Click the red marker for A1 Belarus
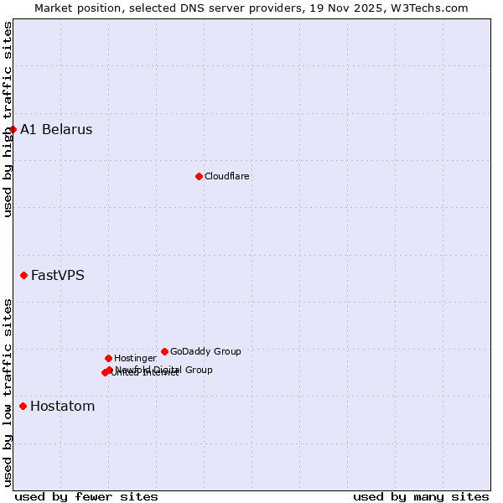[x=13, y=129]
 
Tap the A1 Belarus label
[x=56, y=130]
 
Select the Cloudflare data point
[x=199, y=176]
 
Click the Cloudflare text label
[x=226, y=177]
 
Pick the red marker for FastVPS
[x=23, y=275]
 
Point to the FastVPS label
[x=58, y=276]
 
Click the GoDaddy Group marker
[x=164, y=351]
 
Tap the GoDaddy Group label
[x=205, y=352]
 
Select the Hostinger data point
[x=108, y=358]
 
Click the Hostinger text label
[x=135, y=359]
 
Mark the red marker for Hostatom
[x=23, y=406]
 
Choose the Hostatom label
[x=63, y=407]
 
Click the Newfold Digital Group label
[x=164, y=370]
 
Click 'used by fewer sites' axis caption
[x=86, y=496]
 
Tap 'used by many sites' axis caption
[x=421, y=496]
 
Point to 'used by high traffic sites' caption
[x=8, y=119]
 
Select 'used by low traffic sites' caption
[x=8, y=392]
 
